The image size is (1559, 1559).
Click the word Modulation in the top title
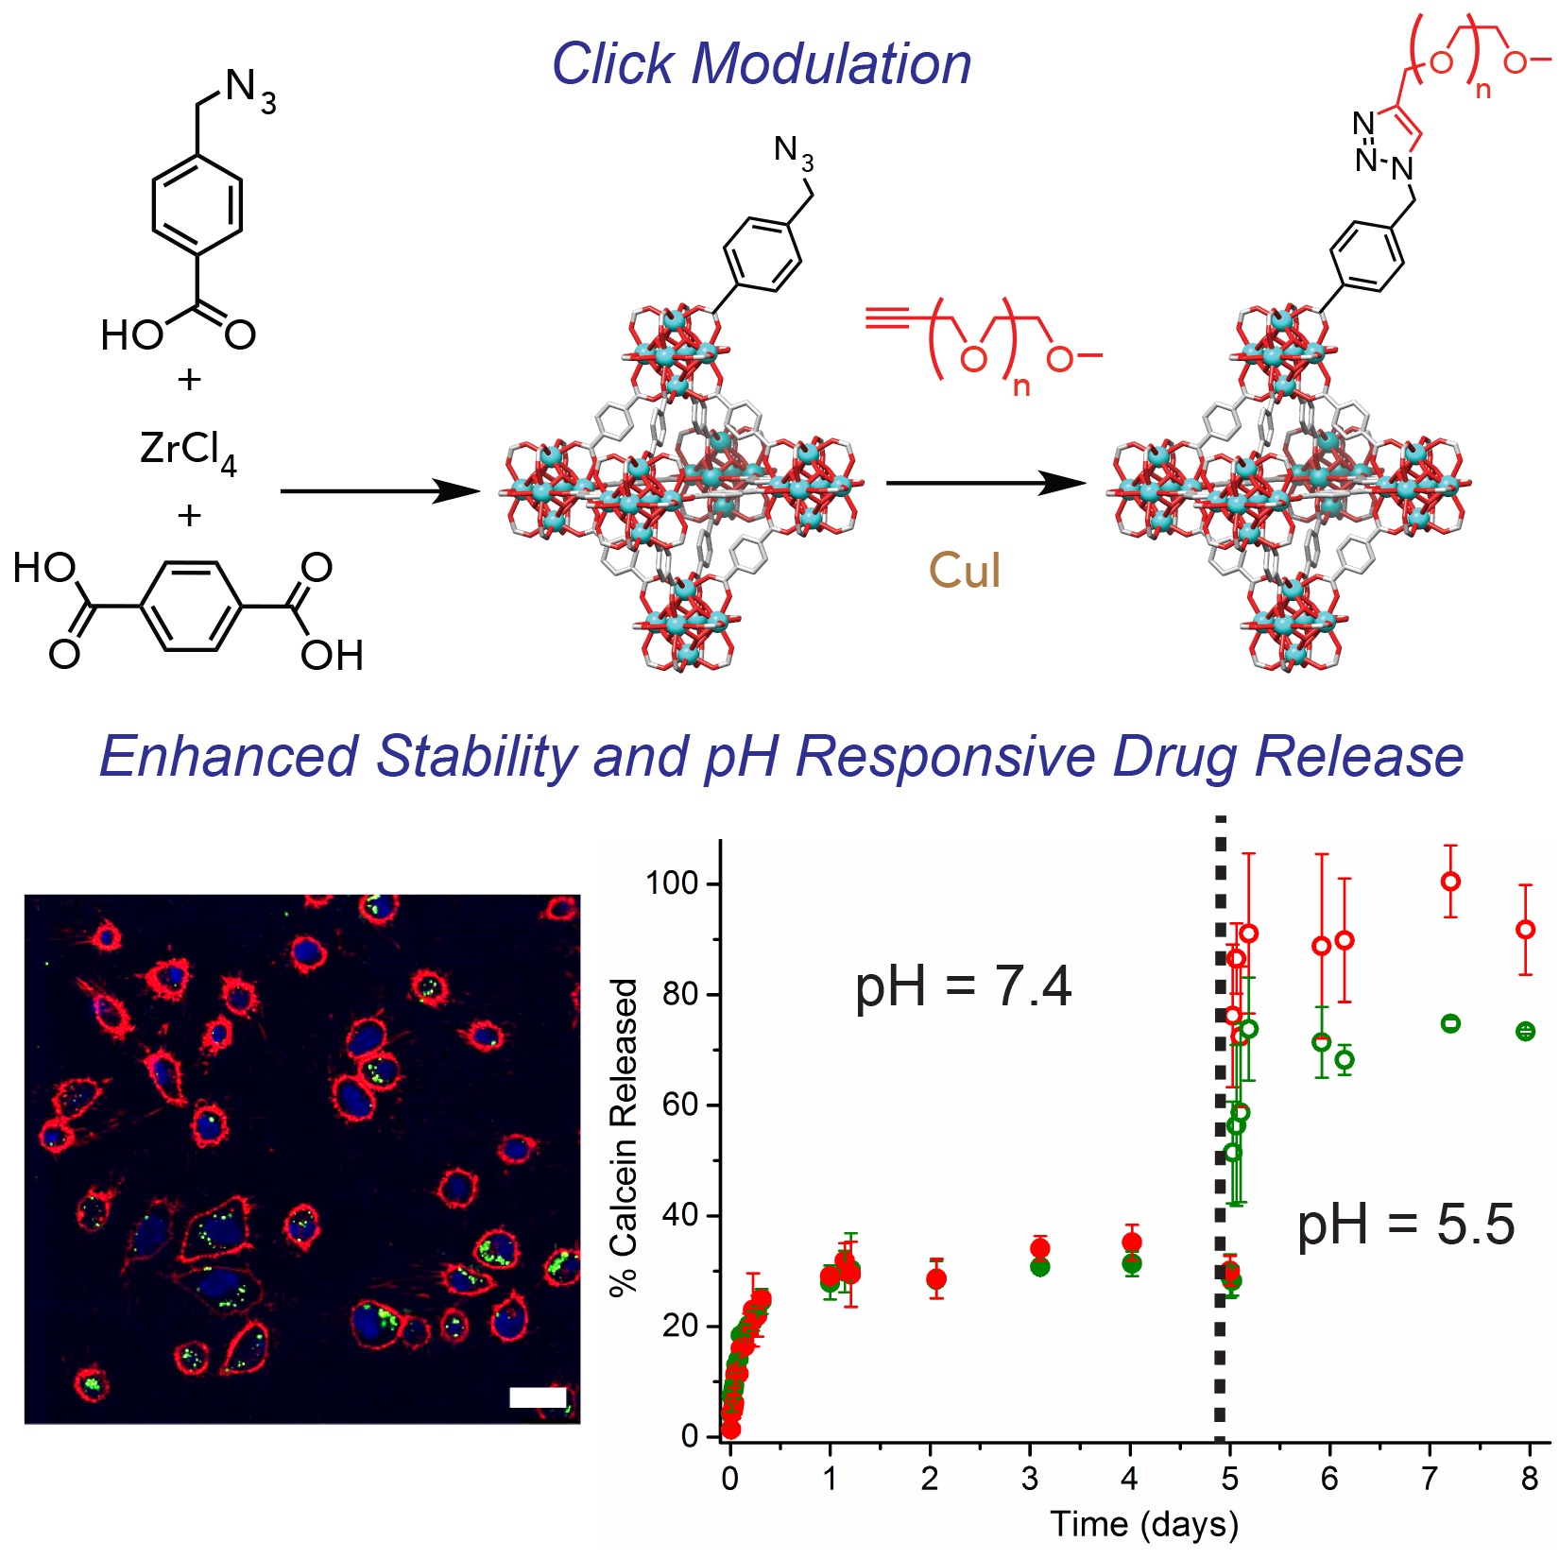coord(831,64)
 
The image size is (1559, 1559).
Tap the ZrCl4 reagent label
coord(187,450)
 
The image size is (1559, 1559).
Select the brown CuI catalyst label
coord(964,571)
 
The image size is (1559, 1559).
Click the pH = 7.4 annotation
coord(963,987)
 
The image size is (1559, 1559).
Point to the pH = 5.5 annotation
coord(1405,1225)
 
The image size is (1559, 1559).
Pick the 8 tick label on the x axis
coord(1530,1479)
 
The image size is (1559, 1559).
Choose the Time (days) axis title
coord(1144,1524)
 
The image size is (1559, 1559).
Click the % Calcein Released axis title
coord(625,1138)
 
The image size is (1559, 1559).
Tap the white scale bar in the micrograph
coord(538,1397)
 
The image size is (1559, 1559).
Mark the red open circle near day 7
coord(1450,882)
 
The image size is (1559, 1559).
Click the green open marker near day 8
coord(1525,1032)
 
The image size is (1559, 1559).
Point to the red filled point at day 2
coord(936,1279)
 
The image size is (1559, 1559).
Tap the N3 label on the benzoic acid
coord(250,90)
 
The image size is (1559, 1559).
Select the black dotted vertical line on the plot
coord(1220,1134)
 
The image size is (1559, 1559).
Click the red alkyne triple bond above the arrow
coord(888,318)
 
